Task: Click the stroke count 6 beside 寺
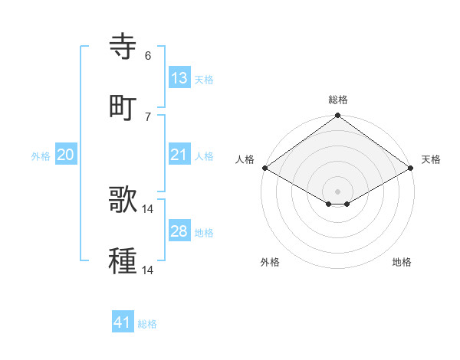point(148,55)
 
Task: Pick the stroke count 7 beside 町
point(148,116)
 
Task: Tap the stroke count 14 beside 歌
point(149,208)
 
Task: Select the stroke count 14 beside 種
point(149,270)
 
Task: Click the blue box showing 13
point(179,78)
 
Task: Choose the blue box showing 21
point(179,155)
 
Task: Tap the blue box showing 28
point(179,231)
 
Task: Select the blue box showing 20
point(65,155)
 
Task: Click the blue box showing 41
point(123,322)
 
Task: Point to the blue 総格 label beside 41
point(147,324)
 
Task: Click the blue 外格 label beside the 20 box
point(41,156)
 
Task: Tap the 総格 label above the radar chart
point(338,100)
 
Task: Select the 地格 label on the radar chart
point(402,262)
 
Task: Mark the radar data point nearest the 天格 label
point(412,169)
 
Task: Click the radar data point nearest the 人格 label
point(264,169)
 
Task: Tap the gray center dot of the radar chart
point(338,191)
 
